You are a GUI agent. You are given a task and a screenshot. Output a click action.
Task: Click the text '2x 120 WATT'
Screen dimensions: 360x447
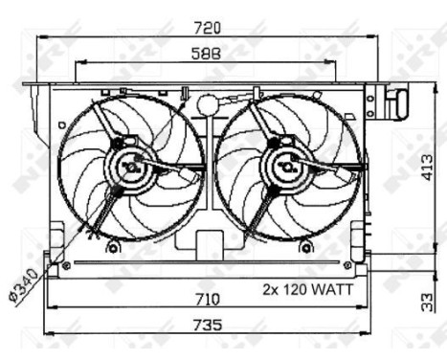tap(308, 287)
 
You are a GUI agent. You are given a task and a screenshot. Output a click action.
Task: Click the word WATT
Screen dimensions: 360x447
tap(330, 287)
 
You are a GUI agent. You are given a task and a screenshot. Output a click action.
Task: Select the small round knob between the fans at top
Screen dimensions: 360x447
tap(206, 102)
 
